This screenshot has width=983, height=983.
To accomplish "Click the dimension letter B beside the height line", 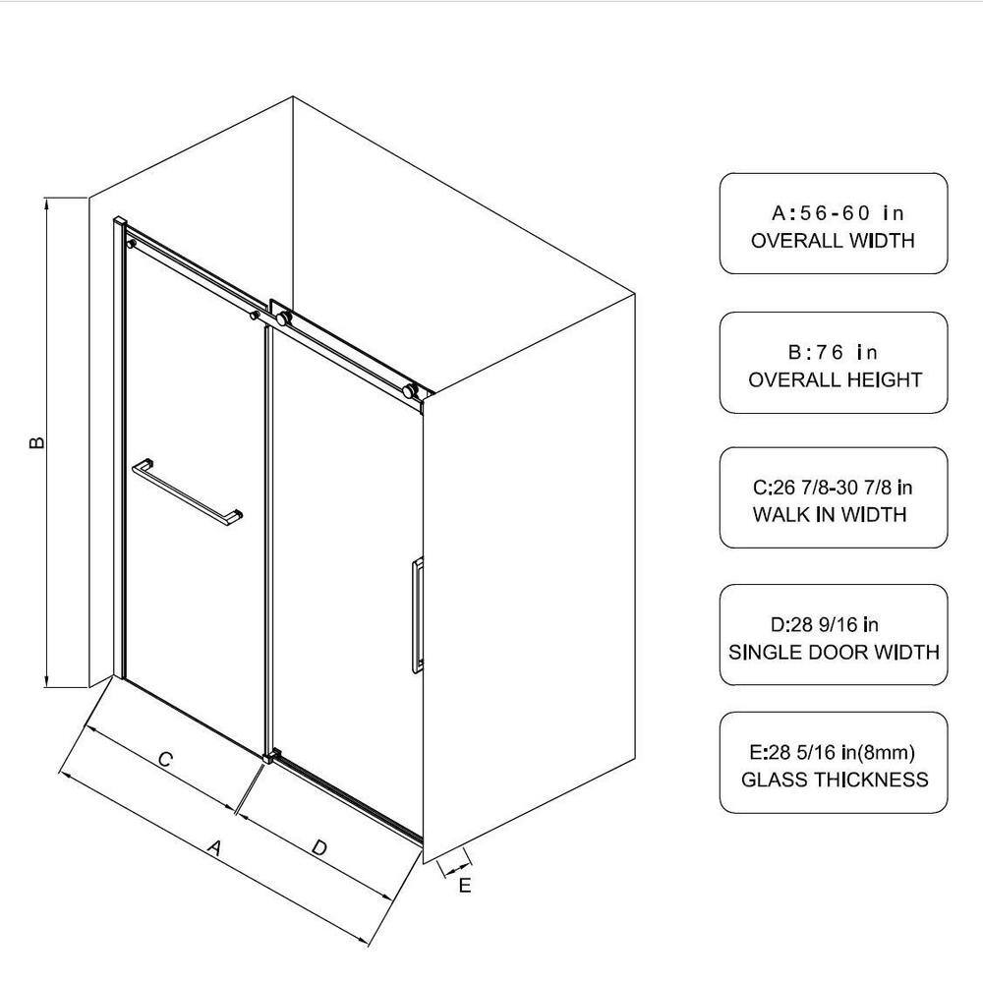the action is (x=37, y=442).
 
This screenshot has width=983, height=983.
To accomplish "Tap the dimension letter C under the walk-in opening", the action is (x=165, y=759).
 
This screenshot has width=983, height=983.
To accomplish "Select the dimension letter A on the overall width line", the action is (x=215, y=848).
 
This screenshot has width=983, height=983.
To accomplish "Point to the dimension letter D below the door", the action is (x=319, y=848).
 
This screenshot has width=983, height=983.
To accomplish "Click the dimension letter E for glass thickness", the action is (x=465, y=886).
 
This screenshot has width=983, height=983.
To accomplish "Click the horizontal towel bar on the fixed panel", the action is (x=187, y=491).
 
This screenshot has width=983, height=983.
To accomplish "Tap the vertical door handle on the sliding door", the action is (x=418, y=615).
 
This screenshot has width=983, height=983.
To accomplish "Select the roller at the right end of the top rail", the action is (x=409, y=391).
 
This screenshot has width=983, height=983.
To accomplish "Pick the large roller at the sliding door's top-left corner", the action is (x=283, y=318).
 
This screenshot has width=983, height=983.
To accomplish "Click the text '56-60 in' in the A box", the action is (x=851, y=213).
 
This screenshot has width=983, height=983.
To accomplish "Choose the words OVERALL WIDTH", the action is (x=833, y=240).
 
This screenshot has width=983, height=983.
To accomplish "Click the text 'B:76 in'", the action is (x=833, y=352).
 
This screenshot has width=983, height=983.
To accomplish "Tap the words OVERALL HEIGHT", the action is (x=835, y=379).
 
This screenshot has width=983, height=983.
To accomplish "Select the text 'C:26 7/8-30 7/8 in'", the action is (x=833, y=488).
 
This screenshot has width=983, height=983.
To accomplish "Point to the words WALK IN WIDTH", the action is (x=830, y=514).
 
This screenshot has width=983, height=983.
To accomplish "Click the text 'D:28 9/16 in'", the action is (x=825, y=624).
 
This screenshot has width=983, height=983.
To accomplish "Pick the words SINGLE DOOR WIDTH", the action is (x=834, y=652).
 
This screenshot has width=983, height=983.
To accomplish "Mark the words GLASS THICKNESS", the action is (x=835, y=780).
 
